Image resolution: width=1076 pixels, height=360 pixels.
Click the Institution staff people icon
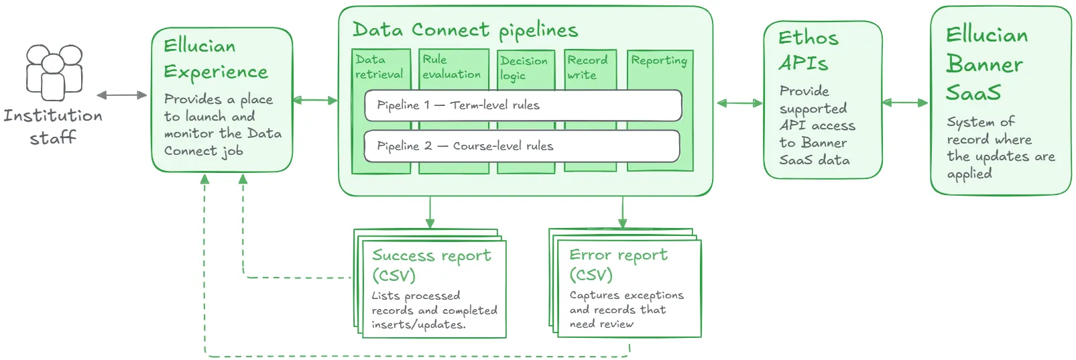coord(54,72)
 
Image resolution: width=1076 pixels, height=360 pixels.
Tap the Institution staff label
coord(53,126)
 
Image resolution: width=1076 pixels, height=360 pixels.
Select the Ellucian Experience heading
coord(215,59)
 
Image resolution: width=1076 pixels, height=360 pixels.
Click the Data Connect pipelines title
coord(465,30)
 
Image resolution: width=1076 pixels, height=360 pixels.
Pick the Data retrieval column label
coord(379,67)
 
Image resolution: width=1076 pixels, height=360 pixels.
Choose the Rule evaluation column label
coord(451,67)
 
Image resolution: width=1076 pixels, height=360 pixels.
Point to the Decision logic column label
coord(524,68)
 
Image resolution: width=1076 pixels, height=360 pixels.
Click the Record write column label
coord(587,67)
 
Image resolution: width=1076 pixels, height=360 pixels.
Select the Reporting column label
coord(659,60)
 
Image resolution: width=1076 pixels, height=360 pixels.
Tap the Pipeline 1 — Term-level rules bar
coord(523,105)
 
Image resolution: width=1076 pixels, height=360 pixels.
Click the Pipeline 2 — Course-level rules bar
coord(522,146)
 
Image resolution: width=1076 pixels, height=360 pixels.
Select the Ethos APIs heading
coord(808,50)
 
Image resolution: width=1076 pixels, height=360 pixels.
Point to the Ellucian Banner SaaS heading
coord(986,64)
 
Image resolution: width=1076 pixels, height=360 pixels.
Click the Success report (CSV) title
coord(431,265)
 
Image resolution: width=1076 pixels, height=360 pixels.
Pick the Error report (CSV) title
coord(618,264)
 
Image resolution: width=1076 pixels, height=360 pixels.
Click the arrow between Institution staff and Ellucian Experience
coord(122,95)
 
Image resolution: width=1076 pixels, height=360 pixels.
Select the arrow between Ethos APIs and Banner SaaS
coord(905,103)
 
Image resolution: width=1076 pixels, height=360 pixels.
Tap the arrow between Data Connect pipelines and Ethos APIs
coord(739,103)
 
